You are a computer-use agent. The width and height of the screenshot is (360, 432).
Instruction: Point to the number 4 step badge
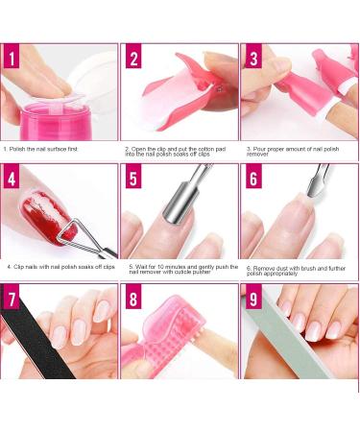tap(13, 178)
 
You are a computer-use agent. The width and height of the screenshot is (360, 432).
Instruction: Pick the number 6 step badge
tap(252, 178)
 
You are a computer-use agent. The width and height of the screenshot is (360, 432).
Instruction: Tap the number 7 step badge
tap(13, 299)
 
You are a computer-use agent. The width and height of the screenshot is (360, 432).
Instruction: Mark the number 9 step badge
tap(252, 299)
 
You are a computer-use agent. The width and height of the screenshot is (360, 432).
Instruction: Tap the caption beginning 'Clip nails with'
tap(60, 266)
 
